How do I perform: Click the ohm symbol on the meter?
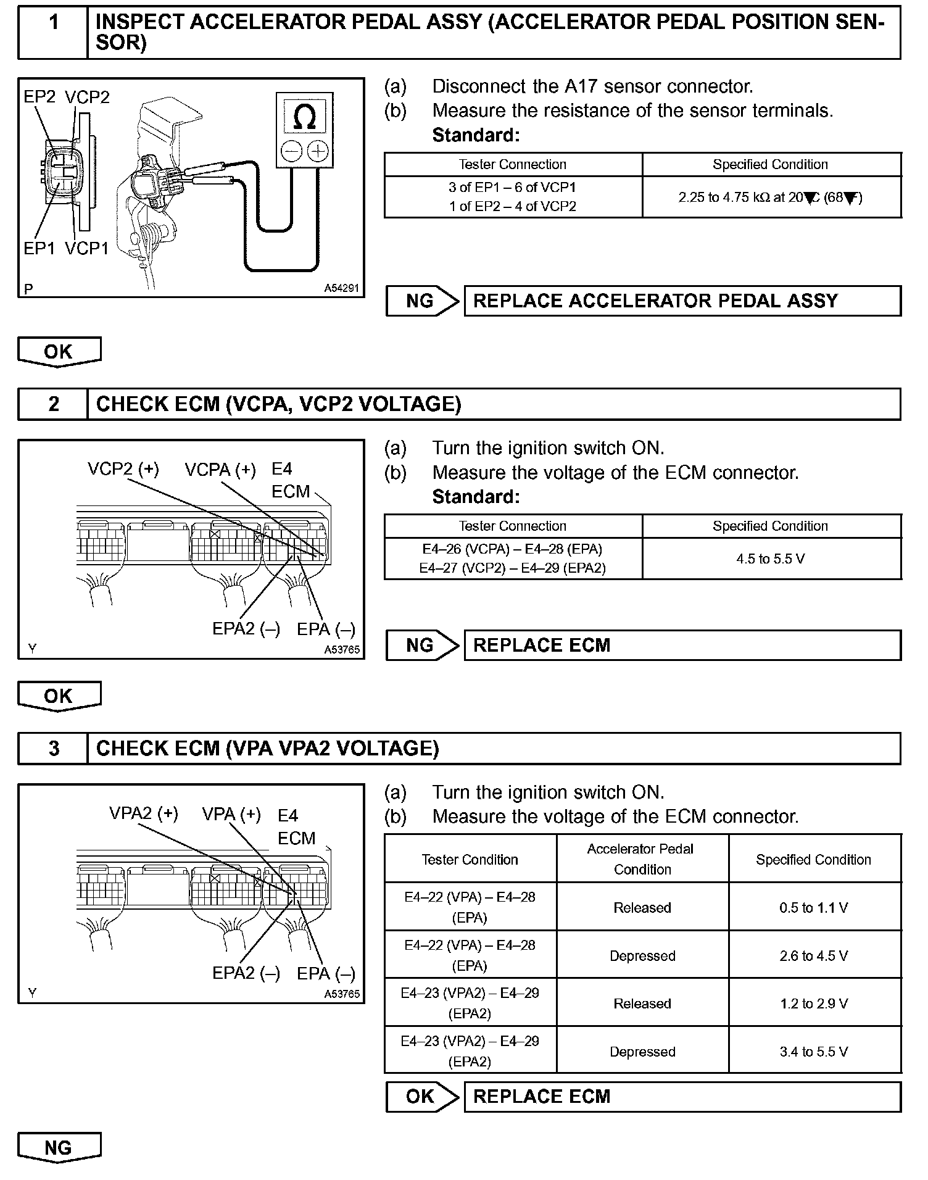pyautogui.click(x=305, y=117)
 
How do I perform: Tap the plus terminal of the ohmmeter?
pyautogui.click(x=318, y=151)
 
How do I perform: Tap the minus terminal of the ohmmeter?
pyautogui.click(x=291, y=151)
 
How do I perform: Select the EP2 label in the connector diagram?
pyautogui.click(x=39, y=97)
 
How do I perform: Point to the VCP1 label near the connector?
pyautogui.click(x=87, y=248)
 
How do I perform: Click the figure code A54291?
pyautogui.click(x=341, y=288)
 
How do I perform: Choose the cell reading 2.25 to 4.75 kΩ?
pyautogui.click(x=771, y=197)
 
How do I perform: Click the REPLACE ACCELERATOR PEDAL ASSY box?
pyautogui.click(x=682, y=301)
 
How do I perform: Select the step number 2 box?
pyautogui.click(x=54, y=404)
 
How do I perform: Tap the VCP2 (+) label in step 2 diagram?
pyautogui.click(x=123, y=470)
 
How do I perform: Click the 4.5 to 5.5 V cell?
pyautogui.click(x=771, y=559)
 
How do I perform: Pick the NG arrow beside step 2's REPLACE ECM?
pyautogui.click(x=423, y=646)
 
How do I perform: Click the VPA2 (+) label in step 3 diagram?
pyautogui.click(x=144, y=813)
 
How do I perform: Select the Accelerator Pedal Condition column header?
pyautogui.click(x=642, y=859)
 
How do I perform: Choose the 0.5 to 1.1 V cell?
pyautogui.click(x=814, y=907)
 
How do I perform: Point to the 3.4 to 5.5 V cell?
pyautogui.click(x=814, y=1052)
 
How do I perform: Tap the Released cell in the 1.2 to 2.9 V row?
pyautogui.click(x=642, y=1003)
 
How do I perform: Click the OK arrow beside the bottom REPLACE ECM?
pyautogui.click(x=423, y=1097)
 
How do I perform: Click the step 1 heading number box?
pyautogui.click(x=54, y=23)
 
